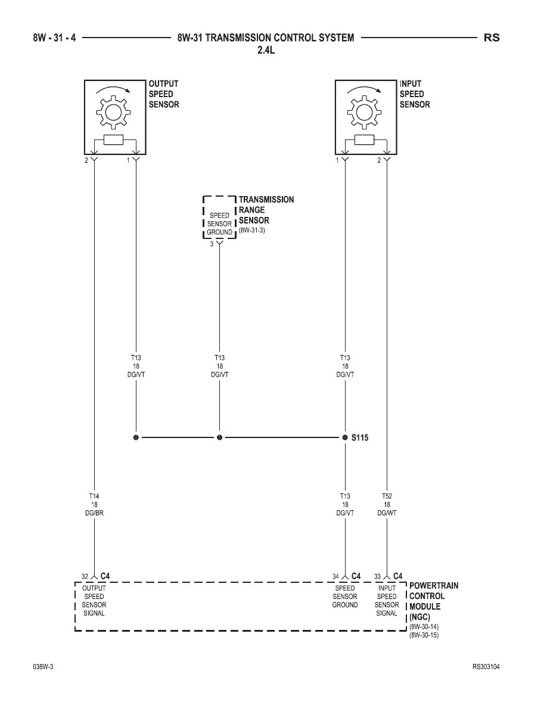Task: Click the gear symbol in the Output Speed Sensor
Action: coord(113,111)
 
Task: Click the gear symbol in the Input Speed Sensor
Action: coord(364,111)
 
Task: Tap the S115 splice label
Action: coord(360,437)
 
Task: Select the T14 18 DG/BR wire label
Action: coord(94,504)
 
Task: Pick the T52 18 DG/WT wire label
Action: coord(387,504)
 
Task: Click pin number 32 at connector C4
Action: coord(85,577)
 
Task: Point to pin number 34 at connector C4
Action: coord(335,577)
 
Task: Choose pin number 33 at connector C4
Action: coord(377,577)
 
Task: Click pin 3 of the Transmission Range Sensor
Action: coord(212,244)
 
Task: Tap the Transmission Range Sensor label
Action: coord(266,210)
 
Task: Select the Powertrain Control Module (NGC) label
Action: coord(434,601)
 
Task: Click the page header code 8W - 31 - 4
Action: coord(54,38)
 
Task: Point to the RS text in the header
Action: coord(492,38)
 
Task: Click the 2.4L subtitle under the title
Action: coord(266,50)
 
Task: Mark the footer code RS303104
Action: coord(486,667)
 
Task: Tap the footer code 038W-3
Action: coord(43,667)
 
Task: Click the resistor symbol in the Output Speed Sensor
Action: coord(113,140)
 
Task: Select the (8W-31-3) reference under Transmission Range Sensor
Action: coord(252,230)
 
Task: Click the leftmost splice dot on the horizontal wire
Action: coord(136,437)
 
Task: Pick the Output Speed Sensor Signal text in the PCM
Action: coord(94,601)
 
